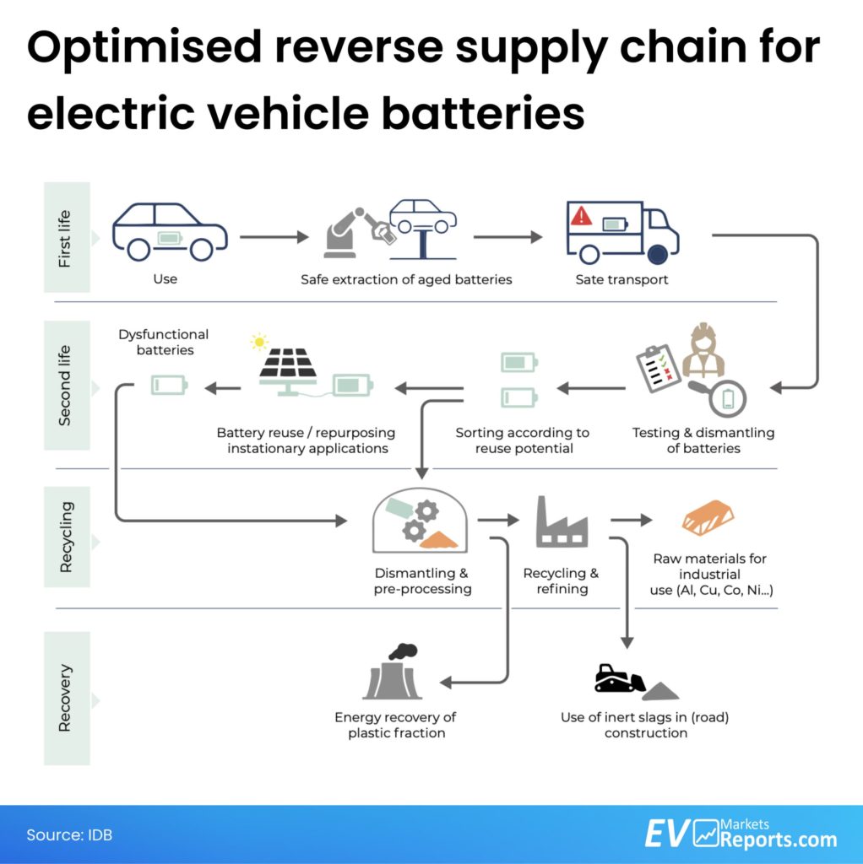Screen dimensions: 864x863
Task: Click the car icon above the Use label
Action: tap(170, 231)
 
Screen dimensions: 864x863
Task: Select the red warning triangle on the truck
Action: tap(581, 217)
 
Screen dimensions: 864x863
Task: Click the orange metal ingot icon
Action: tap(708, 517)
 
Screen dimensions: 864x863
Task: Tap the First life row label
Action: tap(66, 237)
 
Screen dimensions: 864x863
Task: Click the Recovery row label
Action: tap(66, 698)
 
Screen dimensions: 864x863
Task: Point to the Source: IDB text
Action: tap(69, 834)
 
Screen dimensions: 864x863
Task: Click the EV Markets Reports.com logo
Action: tap(741, 833)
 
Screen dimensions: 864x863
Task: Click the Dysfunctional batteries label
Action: tap(164, 342)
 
